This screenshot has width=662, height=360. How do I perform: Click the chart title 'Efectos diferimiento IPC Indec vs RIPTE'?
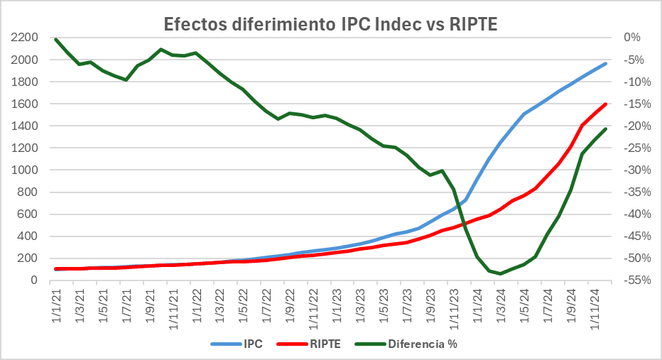point(330,23)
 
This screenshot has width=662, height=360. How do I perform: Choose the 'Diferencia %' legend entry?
point(419,345)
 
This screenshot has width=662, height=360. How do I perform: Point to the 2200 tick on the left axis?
point(24,38)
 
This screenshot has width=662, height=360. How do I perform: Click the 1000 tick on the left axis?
point(24,170)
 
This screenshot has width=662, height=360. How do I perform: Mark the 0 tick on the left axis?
point(33,280)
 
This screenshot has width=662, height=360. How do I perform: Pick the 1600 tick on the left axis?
point(24,104)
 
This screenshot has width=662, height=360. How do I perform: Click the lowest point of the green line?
point(500,273)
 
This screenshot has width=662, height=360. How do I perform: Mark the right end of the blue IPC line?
point(606,63)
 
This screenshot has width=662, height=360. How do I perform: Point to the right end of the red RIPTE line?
point(606,104)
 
